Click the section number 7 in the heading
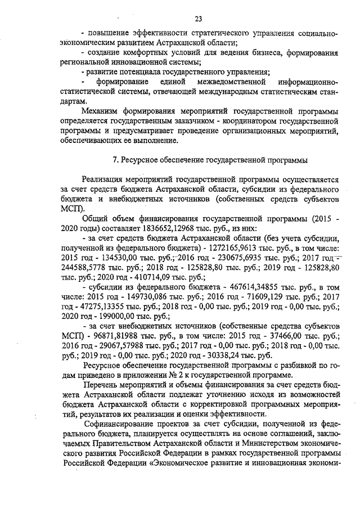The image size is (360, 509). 115,160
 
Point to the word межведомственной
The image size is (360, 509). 222,82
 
